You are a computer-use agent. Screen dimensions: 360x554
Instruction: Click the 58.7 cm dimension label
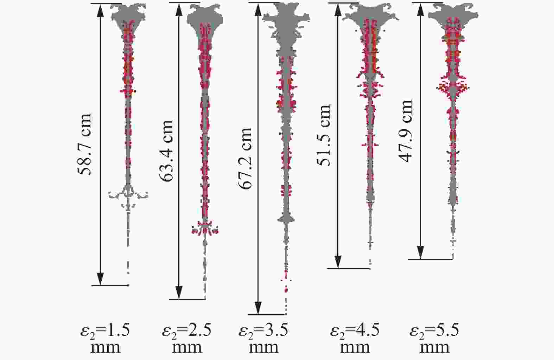pos(84,144)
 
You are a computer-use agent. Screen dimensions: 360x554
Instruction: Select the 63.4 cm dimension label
pos(167,150)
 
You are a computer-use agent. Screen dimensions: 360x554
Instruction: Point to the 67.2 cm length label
pos(246,158)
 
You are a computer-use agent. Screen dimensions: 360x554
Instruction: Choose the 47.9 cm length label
pos(405,131)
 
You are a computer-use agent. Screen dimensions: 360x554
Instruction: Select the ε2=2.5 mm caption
pos(187,338)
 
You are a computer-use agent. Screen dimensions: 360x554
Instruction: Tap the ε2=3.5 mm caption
pos(264,338)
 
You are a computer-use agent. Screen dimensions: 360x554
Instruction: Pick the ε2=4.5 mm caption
pos(355,338)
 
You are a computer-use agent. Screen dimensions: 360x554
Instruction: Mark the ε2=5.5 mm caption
pos(435,338)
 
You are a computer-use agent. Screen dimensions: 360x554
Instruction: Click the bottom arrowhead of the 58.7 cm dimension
pos(101,279)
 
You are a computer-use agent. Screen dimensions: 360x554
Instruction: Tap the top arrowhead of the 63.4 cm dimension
pos(179,8)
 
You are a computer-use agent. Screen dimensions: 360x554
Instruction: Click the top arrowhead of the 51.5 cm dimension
pos(338,9)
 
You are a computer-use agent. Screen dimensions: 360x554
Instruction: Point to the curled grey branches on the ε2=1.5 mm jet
pos(128,193)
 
